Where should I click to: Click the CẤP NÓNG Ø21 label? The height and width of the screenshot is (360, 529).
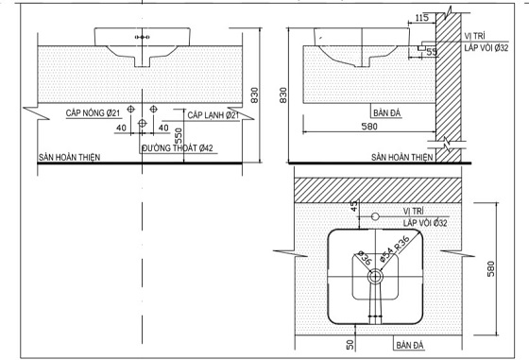93,112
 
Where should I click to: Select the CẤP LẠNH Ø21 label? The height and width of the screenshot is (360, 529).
213,115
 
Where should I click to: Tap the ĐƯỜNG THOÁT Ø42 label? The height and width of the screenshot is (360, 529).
178,148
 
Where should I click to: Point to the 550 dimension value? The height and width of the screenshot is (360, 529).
179,136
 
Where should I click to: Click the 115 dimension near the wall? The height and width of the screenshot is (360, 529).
421,18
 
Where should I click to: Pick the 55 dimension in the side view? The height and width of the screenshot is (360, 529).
432,52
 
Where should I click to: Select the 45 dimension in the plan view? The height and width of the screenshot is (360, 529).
353,206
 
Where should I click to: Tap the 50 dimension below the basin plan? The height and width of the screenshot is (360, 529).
350,345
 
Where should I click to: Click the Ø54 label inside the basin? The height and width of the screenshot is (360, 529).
386,255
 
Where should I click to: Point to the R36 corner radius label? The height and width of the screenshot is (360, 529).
401,243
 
